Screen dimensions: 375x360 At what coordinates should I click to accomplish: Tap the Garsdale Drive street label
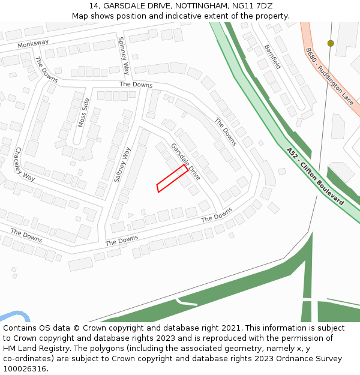[185, 162]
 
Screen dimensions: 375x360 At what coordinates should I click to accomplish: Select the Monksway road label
[33, 44]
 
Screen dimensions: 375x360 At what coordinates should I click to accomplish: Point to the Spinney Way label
[124, 55]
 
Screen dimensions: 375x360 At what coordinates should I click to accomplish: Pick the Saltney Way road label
[122, 164]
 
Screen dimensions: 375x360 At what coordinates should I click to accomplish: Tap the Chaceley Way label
[25, 164]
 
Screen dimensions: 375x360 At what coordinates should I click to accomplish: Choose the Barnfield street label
[272, 56]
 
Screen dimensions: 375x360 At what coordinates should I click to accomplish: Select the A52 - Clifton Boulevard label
[315, 176]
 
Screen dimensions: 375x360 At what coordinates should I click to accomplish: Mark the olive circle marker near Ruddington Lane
[331, 43]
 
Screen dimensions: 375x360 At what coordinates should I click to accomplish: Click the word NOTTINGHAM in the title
[199, 6]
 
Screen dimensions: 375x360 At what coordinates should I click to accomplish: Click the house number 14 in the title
[93, 6]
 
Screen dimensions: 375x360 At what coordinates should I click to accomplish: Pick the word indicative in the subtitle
[171, 16]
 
